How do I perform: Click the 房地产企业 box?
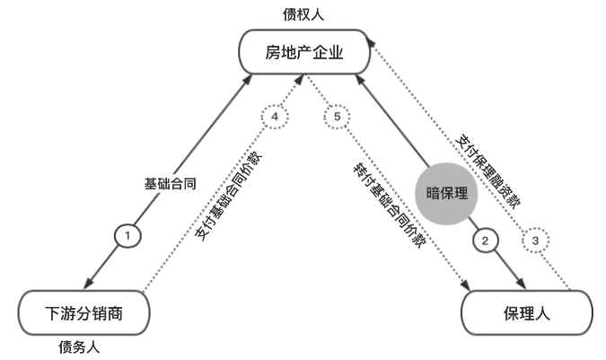coord(304,53)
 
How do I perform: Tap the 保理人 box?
coord(526,313)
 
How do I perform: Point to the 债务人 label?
coord(78,347)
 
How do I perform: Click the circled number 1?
coord(128,235)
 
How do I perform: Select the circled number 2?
coord(486,240)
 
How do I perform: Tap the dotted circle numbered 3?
coord(536,240)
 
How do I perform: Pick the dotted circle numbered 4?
coord(275,117)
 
